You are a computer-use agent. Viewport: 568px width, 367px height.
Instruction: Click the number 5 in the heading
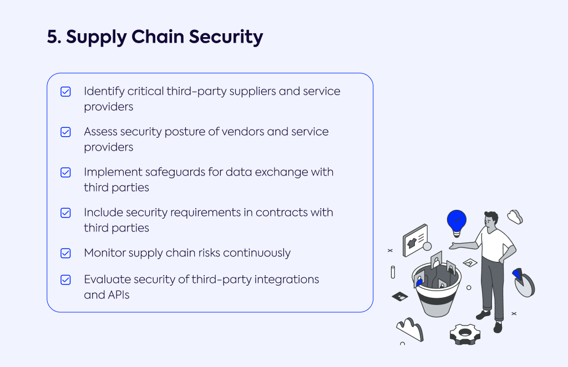coord(52,37)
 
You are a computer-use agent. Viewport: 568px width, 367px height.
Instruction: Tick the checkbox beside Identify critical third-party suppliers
coord(65,91)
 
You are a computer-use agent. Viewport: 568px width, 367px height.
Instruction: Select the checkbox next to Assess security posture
coord(65,132)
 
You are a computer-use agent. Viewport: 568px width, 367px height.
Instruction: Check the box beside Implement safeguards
coord(65,173)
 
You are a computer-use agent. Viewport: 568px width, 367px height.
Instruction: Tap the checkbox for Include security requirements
coord(65,213)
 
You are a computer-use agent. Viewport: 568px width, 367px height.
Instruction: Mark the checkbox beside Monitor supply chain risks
coord(65,253)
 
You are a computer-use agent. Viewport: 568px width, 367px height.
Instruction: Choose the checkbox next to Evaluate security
coord(65,280)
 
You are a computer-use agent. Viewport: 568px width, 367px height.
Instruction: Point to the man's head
coord(491,220)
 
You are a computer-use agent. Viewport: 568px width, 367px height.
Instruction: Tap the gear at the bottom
coord(465,334)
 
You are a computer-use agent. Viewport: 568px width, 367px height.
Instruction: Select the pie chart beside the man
coord(524,282)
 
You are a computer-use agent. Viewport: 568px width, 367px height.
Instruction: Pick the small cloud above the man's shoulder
coord(515,216)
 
